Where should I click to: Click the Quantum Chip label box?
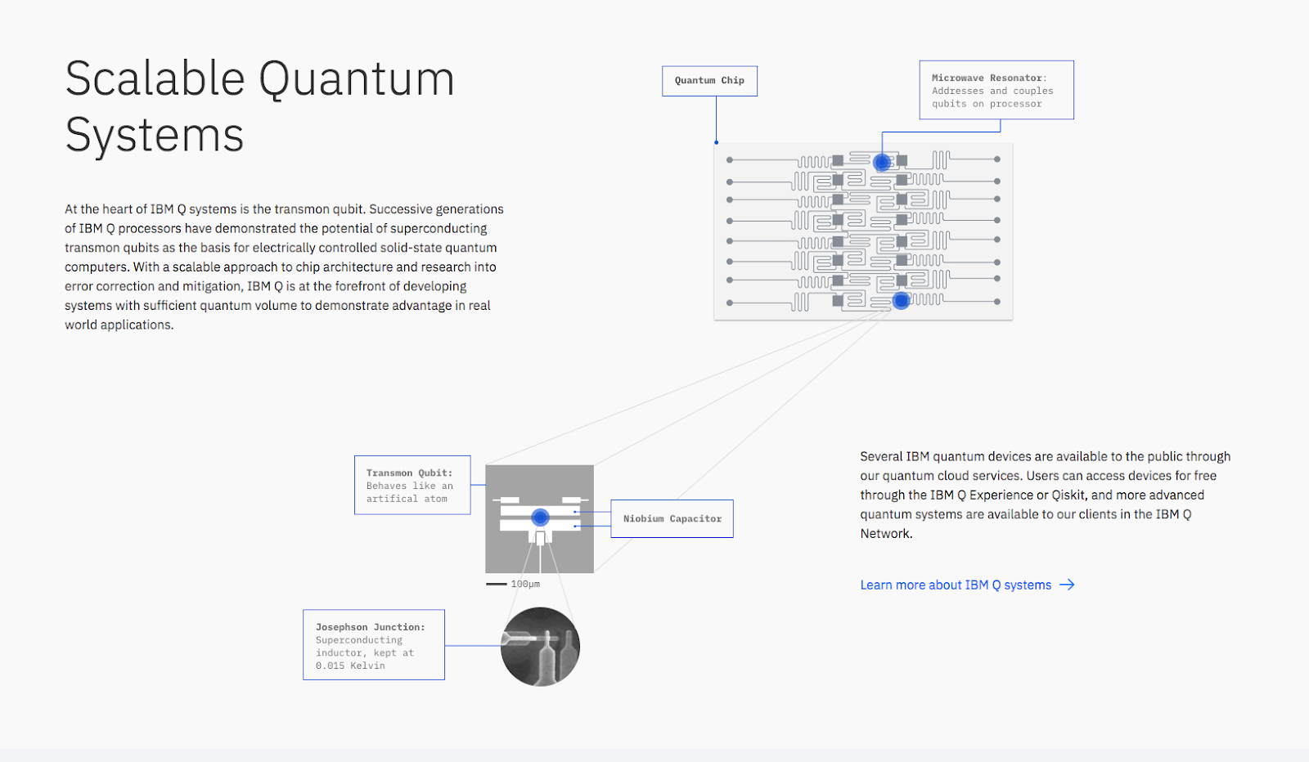point(709,81)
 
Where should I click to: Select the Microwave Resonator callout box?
point(996,90)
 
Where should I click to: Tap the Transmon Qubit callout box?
point(412,485)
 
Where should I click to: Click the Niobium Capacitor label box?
point(672,518)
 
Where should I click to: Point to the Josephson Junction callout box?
point(373,645)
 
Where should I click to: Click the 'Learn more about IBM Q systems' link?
point(955,585)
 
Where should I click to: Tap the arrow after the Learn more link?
point(1067,585)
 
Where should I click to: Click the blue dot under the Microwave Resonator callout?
point(881,162)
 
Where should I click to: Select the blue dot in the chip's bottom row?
point(901,301)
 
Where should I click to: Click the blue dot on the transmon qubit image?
point(540,517)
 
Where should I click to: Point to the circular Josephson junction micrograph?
point(540,646)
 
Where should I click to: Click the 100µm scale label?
point(525,584)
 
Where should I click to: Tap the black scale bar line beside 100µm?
point(496,584)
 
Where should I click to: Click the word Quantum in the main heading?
point(357,80)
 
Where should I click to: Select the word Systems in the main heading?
point(154,135)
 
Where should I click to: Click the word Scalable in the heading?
point(155,79)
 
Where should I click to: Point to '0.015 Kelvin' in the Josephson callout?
point(350,666)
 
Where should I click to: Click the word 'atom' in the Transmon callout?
point(435,499)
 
